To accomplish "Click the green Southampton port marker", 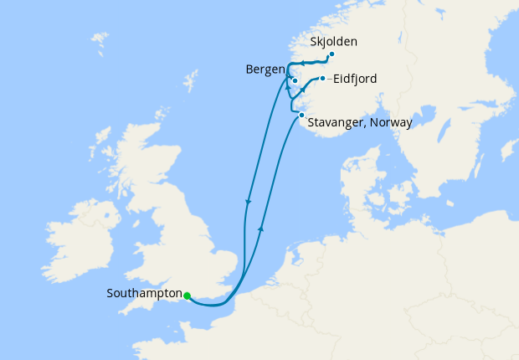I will click(187, 296).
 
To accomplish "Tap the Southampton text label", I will click(145, 294).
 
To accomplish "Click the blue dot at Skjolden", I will click(331, 54).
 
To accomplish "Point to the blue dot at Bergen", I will click(295, 81).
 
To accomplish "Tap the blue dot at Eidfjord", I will click(322, 79).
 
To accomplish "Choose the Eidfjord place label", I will click(355, 80).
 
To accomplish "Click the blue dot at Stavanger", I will click(301, 114).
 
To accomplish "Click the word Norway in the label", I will click(390, 122).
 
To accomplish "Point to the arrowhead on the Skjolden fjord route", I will click(305, 63).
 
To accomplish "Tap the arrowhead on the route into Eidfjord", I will click(303, 89).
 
